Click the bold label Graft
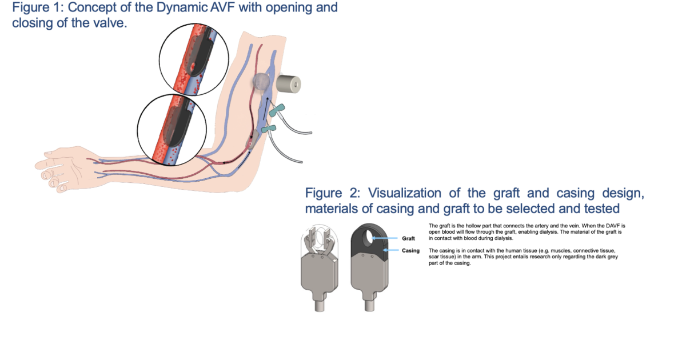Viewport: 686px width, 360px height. point(408,238)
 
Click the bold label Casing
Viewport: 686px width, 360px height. point(410,251)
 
